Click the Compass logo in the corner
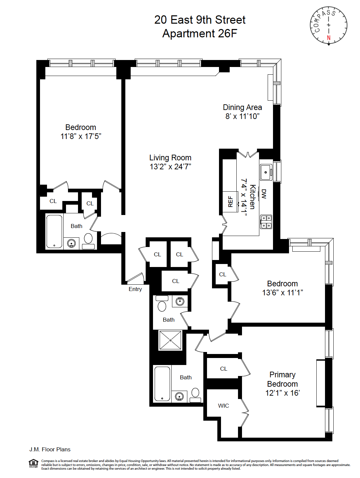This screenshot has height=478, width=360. [x=329, y=25]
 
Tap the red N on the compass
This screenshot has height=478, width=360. [x=329, y=38]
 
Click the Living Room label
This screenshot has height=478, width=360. [x=170, y=158]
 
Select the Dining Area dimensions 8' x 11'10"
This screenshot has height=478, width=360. [x=242, y=116]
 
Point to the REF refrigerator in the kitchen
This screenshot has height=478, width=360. [x=230, y=201]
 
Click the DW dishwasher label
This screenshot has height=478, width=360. [x=264, y=194]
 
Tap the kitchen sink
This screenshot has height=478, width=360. [x=266, y=172]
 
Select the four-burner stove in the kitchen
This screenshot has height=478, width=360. [x=266, y=222]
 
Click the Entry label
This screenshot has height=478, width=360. [x=135, y=289]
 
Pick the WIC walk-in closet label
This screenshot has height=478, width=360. [x=223, y=406]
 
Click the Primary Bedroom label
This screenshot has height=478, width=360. [x=282, y=379]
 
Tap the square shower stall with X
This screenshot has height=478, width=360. [x=170, y=340]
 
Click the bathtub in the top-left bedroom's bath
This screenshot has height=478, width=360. [x=54, y=231]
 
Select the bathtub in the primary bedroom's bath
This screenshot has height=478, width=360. [x=162, y=383]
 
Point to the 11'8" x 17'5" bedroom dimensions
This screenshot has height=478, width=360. [x=81, y=136]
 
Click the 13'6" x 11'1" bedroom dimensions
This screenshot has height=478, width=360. [x=282, y=293]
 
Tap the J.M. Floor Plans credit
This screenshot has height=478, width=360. [x=50, y=449]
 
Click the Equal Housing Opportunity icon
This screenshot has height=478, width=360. [x=34, y=463]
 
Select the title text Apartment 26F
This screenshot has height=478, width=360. [x=200, y=34]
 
